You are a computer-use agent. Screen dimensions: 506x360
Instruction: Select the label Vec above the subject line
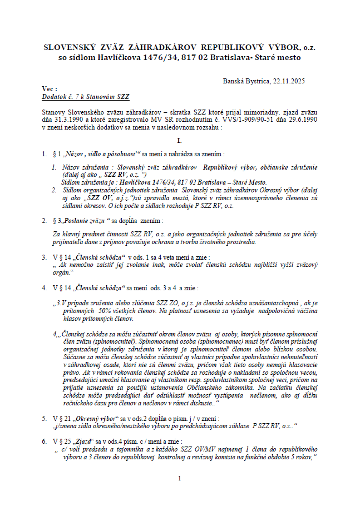(49, 88)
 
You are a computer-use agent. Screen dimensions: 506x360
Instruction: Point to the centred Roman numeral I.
(179, 141)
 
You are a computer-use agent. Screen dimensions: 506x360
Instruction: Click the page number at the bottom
(179, 478)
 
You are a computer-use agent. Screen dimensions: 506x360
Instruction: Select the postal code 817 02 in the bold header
(199, 57)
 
